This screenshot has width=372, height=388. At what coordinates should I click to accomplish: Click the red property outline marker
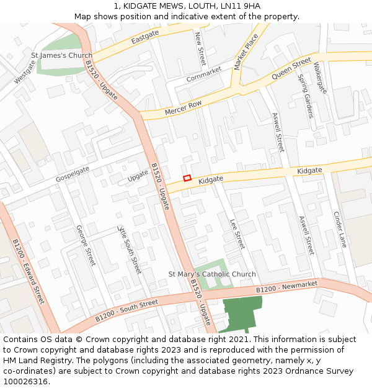(187, 178)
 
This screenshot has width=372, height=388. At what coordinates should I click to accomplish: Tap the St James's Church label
(61, 55)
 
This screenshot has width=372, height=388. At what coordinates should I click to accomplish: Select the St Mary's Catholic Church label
(212, 274)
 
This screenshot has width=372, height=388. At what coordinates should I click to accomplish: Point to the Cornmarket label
(203, 75)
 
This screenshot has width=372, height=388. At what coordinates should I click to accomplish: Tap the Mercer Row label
(184, 107)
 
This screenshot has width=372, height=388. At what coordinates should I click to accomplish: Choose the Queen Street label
(291, 68)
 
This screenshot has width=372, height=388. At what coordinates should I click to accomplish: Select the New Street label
(200, 48)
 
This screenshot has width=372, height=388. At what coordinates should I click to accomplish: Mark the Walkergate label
(320, 78)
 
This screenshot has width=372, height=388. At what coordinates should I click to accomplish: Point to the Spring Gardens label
(306, 96)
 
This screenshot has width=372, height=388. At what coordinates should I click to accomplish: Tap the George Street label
(86, 245)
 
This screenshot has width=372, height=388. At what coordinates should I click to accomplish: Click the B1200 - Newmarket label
(287, 286)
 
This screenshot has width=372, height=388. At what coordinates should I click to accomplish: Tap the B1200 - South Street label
(127, 311)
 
